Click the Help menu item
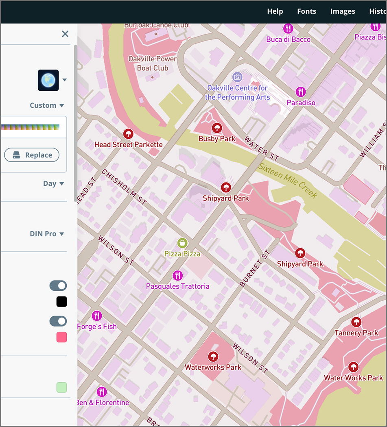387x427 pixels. pos(275,11)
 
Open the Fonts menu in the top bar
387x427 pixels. pos(306,11)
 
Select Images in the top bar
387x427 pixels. pos(342,11)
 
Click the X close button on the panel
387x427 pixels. pos(65,34)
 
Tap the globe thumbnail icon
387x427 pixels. pos(48,80)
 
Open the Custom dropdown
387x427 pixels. pos(47,105)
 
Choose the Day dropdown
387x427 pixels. pos(53,183)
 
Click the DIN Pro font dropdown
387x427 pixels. pos(47,234)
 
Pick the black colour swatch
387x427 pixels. pos(61,302)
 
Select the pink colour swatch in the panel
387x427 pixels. pos(61,337)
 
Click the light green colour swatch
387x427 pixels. pos(61,388)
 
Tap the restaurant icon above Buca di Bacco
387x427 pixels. pos(288,28)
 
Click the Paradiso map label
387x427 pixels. pos(301,102)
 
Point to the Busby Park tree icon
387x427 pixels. pos(217,129)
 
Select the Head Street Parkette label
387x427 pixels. pos(128,144)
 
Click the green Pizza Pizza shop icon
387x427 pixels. pos(182,243)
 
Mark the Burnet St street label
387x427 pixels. pos(255,269)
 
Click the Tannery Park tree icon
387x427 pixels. pos(356,322)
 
